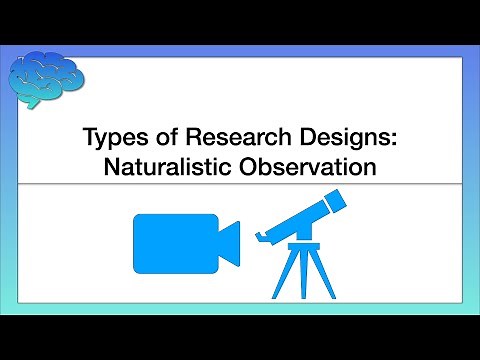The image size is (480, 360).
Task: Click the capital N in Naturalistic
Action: click(x=110, y=167)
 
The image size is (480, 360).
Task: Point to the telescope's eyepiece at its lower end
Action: click(x=262, y=239)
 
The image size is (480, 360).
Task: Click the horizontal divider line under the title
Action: click(x=240, y=184)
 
